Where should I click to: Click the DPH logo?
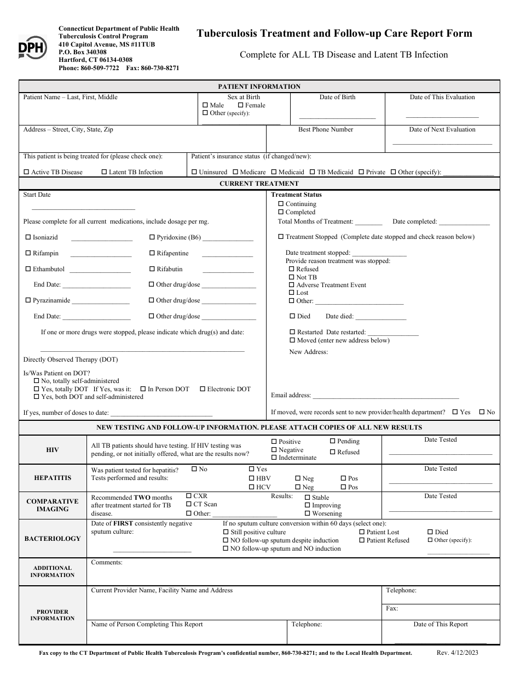click(32, 48)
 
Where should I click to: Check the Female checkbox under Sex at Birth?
click(241, 105)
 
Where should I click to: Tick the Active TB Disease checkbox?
click(26, 172)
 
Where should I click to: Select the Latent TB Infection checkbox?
click(104, 172)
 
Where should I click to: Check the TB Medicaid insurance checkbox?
click(313, 172)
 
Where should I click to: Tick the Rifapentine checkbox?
click(152, 254)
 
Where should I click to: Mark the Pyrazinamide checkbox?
click(28, 300)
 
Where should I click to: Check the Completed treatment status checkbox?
click(281, 212)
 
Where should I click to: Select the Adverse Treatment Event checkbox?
click(292, 285)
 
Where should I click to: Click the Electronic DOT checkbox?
click(202, 389)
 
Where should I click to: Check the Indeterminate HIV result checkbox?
click(274, 458)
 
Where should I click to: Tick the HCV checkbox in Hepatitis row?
click(252, 487)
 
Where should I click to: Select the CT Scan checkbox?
click(189, 504)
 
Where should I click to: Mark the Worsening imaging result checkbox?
click(308, 514)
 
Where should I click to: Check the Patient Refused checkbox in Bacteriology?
click(362, 540)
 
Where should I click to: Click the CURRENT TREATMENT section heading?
click(259, 184)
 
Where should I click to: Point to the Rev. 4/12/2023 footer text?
click(457, 653)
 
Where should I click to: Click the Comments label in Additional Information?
click(106, 562)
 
